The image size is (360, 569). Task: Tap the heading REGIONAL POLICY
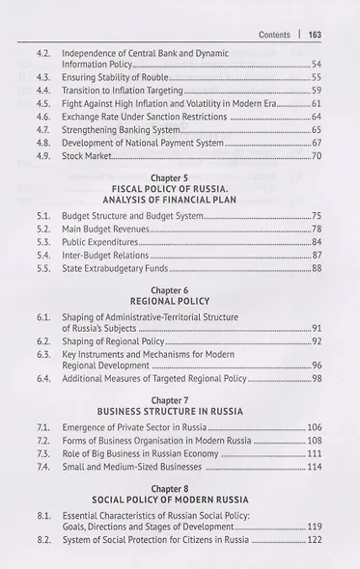(x=182, y=301)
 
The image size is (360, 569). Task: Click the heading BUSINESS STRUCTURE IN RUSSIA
(x=182, y=410)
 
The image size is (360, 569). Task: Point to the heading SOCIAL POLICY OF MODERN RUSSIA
(x=182, y=501)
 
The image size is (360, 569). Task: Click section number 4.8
(x=43, y=142)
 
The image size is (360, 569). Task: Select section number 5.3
(x=43, y=241)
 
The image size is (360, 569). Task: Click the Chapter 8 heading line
(x=182, y=489)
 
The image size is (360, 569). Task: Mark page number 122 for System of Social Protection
(x=314, y=540)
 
